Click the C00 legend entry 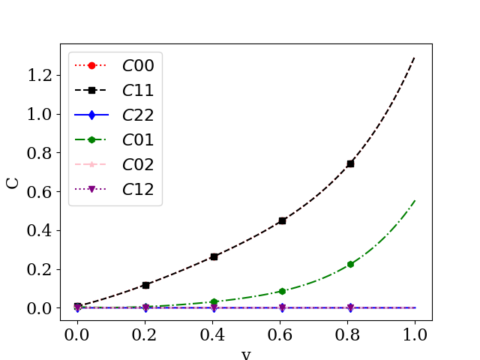click(138, 65)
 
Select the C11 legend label click(138, 90)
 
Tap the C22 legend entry click(138, 115)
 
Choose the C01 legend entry click(138, 139)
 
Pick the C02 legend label click(138, 164)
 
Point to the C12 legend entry click(138, 189)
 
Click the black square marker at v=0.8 click(350, 163)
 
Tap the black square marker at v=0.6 click(282, 220)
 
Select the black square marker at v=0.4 click(214, 256)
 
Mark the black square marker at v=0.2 click(145, 285)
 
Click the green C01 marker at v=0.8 click(350, 264)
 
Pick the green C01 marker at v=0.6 click(282, 291)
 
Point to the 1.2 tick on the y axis click(40, 75)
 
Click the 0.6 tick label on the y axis click(40, 191)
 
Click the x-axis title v click(246, 354)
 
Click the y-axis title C click(13, 181)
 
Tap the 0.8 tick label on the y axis click(40, 153)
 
